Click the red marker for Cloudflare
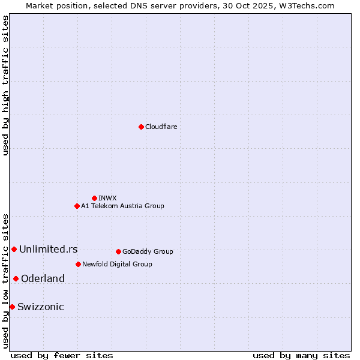tap(141, 127)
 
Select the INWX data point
tap(94, 198)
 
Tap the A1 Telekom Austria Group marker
tap(77, 206)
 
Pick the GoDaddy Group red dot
tap(118, 251)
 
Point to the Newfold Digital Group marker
tap(78, 264)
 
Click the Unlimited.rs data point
tap(14, 249)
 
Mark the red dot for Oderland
tap(16, 278)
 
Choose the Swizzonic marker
tap(12, 307)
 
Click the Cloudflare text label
tap(161, 127)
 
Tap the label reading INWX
tap(107, 198)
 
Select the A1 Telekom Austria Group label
tap(122, 206)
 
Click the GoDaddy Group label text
tap(148, 251)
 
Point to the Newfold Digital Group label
tap(117, 264)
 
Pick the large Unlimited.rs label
tap(48, 249)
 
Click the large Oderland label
tap(43, 278)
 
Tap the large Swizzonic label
tap(40, 307)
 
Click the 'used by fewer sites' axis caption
tap(62, 355)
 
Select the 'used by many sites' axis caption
tap(301, 355)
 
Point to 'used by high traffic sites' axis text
tap(5, 85)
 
